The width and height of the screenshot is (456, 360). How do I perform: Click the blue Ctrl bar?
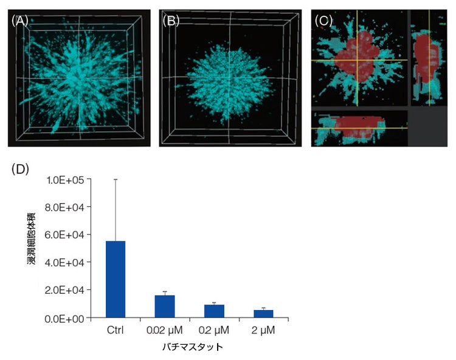[x=116, y=279]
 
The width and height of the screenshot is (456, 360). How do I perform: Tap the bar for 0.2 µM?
[x=214, y=311]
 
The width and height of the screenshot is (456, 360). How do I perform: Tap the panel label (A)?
[x=19, y=20]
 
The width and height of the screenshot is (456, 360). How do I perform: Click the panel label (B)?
[x=172, y=20]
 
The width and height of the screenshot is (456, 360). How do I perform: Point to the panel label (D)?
[x=20, y=168]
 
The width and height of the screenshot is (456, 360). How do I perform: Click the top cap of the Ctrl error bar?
[x=116, y=179]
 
